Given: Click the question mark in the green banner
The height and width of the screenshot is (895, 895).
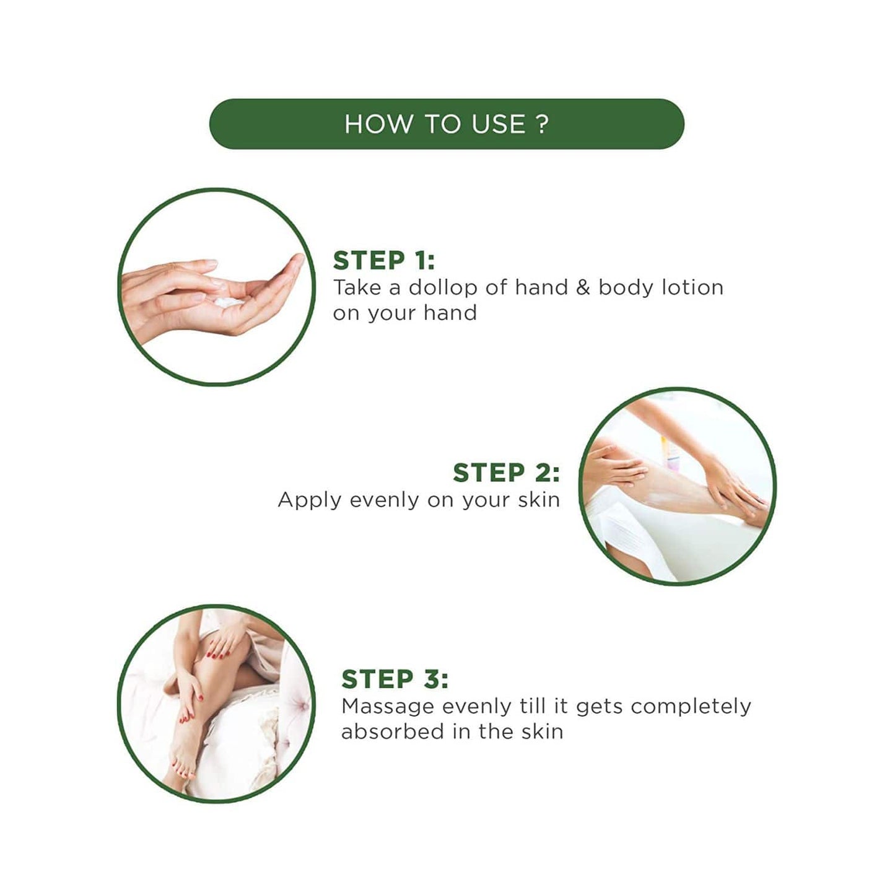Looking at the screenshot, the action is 542,124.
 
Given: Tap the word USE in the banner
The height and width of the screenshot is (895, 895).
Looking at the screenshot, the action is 499,124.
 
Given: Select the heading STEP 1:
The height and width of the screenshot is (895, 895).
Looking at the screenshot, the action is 383,260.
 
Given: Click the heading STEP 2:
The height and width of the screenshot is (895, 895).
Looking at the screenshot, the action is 506,473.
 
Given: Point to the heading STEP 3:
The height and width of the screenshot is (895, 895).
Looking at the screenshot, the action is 395,679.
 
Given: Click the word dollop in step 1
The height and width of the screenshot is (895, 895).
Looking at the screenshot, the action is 443,288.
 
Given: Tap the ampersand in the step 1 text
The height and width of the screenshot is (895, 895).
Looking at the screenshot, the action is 583,288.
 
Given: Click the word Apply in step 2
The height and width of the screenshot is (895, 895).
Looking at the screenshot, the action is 310,500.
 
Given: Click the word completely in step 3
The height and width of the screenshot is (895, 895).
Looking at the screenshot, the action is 691,707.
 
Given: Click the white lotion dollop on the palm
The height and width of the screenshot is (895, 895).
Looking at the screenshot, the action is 229,302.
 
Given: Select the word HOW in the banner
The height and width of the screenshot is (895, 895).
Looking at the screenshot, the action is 378,124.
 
